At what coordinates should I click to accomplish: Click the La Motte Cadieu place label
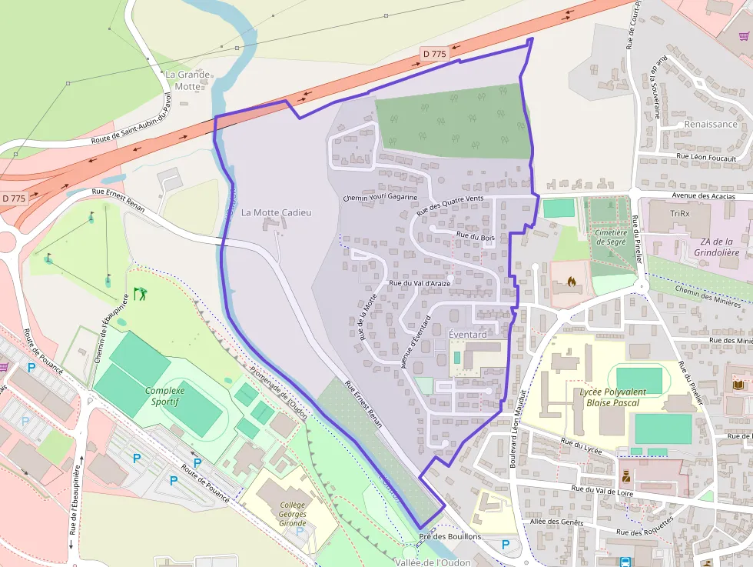point(276,212)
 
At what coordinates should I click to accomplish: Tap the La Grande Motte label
point(182,80)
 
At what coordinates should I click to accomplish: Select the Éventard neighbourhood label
point(467,335)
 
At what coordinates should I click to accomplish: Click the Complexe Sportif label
point(165,395)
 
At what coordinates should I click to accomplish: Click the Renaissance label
point(710,124)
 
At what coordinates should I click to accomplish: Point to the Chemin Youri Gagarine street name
point(380,198)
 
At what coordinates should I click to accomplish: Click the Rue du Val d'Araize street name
point(420,283)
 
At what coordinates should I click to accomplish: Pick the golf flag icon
point(139,293)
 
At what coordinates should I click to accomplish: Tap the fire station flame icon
point(569,282)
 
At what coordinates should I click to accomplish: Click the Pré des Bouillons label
point(450,536)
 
